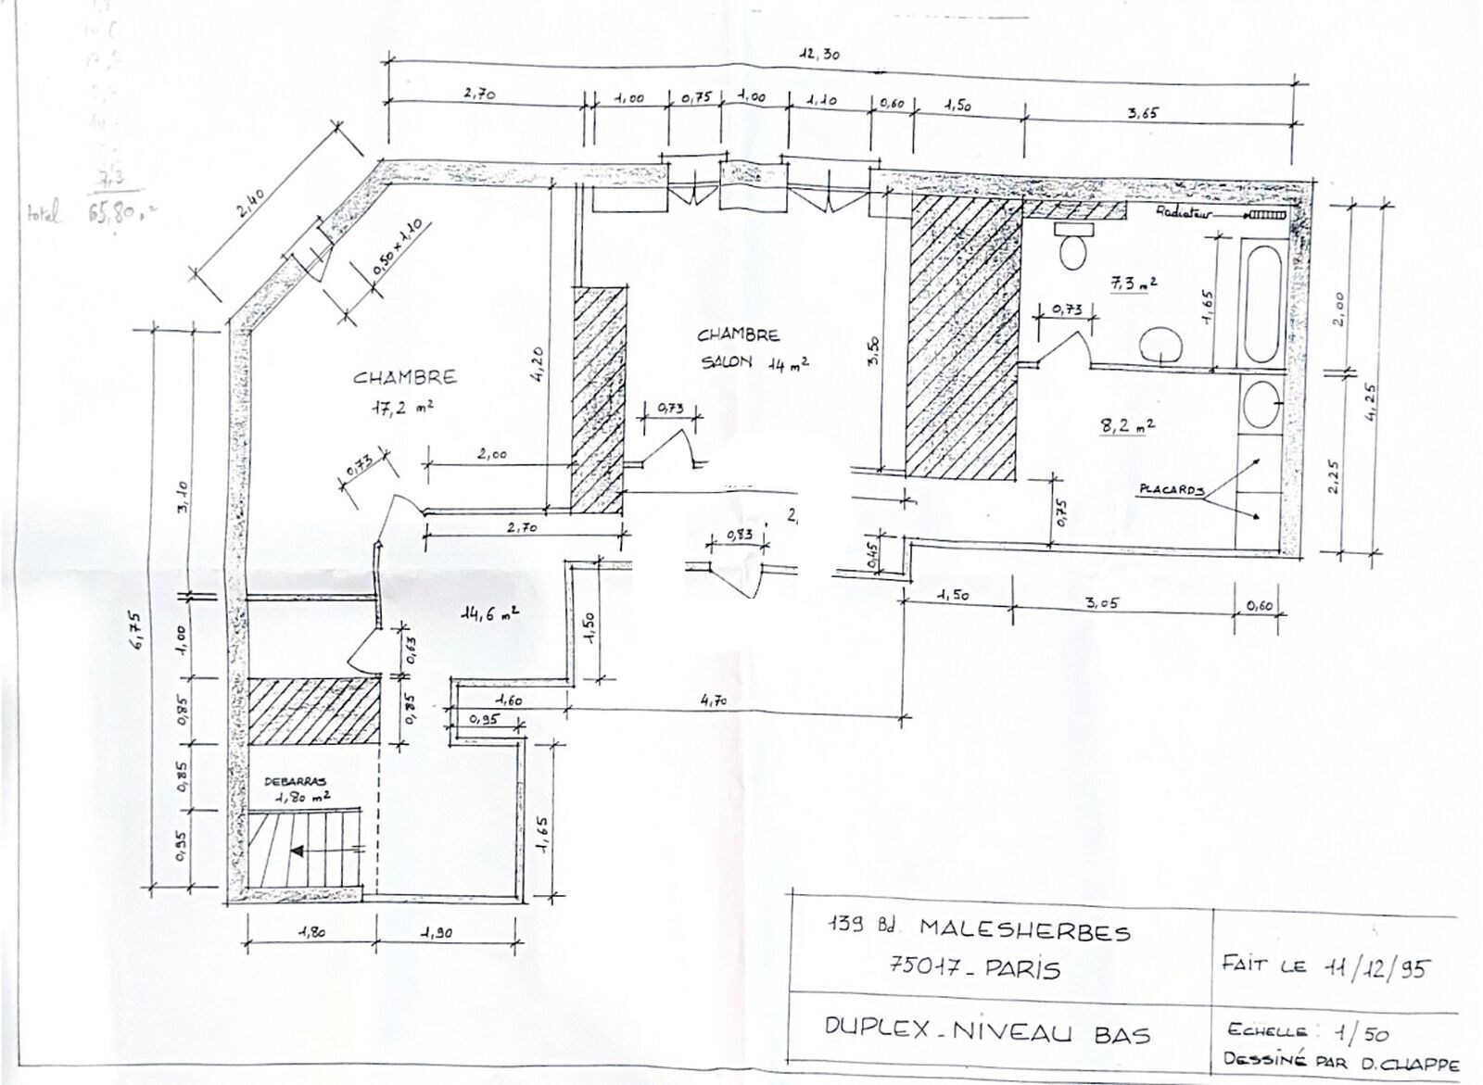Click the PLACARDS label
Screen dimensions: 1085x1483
click(1172, 490)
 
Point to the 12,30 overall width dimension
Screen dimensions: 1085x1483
click(819, 55)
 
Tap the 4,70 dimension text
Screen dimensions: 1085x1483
click(715, 701)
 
